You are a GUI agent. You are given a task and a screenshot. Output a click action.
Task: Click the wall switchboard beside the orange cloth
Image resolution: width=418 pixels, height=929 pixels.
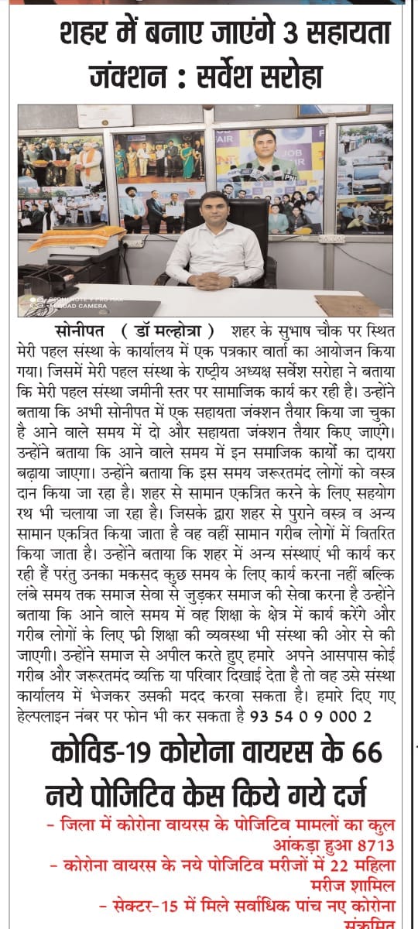click(x=132, y=242)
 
